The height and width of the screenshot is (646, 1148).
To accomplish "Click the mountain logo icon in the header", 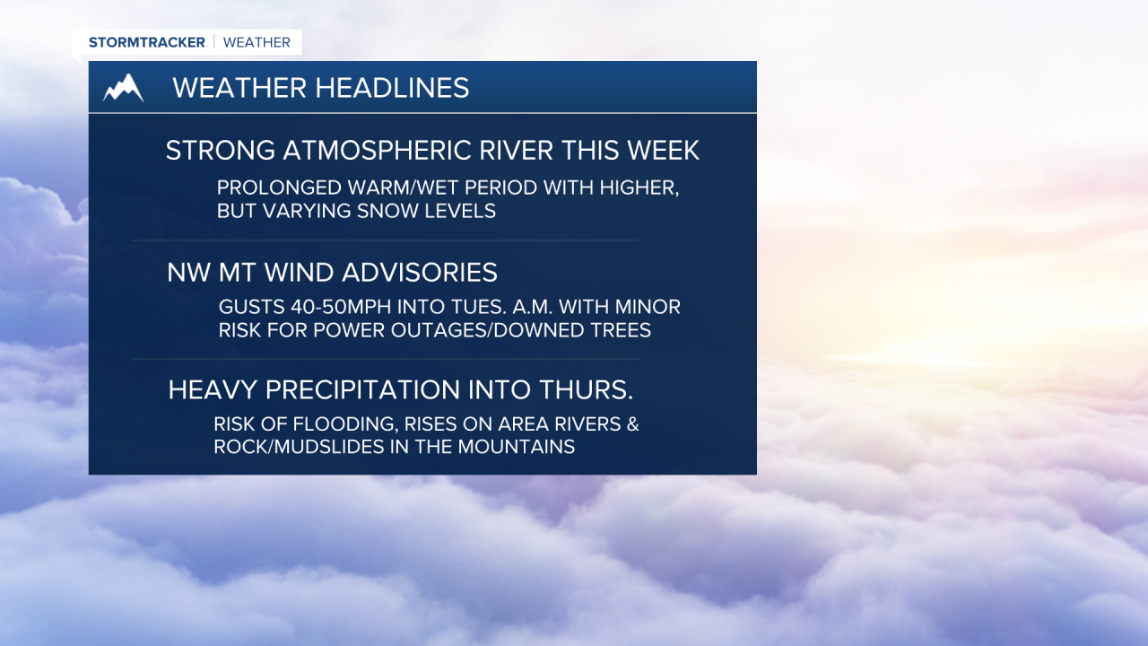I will point(123,88).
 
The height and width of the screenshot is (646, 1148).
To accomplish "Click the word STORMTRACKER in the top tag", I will point(146,42).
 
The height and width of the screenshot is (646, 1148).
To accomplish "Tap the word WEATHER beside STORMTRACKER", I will point(257,42).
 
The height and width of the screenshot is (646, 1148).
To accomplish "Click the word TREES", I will point(619,330).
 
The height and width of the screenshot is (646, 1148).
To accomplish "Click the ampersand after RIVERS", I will point(631,424).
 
